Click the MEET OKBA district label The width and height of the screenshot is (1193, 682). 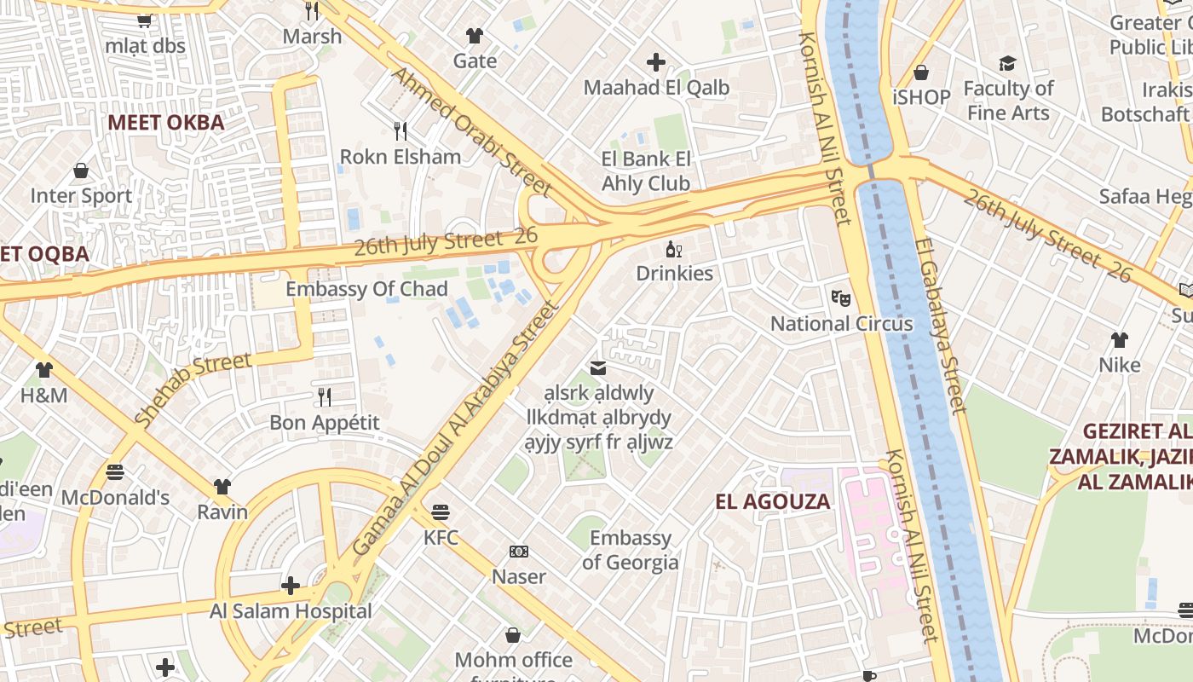(166, 123)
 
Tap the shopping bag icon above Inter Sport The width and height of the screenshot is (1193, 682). (81, 171)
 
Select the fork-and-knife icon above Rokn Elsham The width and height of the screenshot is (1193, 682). (400, 130)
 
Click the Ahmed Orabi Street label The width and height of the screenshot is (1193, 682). (471, 130)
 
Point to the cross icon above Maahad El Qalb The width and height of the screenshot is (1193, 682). (655, 62)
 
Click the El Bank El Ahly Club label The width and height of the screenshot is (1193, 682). (646, 171)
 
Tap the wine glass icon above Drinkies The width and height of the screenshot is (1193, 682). (674, 250)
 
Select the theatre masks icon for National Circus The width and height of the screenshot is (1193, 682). (841, 298)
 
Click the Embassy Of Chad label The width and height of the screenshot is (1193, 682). (366, 289)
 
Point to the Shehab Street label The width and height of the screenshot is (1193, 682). (193, 389)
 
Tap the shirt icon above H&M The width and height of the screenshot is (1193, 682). (44, 370)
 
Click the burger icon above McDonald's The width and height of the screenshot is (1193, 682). (115, 471)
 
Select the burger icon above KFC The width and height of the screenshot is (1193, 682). (441, 512)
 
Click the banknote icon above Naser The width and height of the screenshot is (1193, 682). (518, 552)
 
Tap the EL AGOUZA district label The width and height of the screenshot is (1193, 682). (772, 501)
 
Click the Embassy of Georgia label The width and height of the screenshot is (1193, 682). (631, 550)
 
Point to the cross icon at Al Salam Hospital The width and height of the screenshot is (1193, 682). (291, 586)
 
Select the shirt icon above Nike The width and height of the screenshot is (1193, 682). (1119, 340)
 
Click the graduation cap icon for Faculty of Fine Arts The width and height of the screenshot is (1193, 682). (1008, 64)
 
